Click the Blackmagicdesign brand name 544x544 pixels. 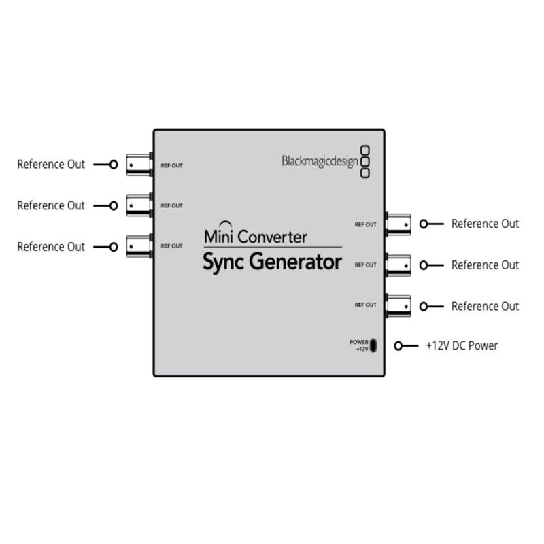coord(320,161)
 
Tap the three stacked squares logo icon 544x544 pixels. coord(364,161)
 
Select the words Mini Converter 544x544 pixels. coord(255,237)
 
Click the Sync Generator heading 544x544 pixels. coord(272,262)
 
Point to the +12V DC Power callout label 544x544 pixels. coord(462,345)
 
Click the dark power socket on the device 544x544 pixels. coord(373,345)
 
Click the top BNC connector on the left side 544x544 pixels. coord(139,164)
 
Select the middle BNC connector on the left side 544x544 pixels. coord(139,205)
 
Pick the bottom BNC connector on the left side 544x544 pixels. coord(139,245)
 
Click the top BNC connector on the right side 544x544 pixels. coord(398,223)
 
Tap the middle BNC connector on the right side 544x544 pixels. coord(398,264)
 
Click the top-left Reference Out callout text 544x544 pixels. coord(51,164)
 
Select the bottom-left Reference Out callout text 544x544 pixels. coord(51,246)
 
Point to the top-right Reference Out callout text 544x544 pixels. coord(485,224)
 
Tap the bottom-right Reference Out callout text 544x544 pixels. coord(485,306)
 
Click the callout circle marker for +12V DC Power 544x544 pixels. coord(407,345)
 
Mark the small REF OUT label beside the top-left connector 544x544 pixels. coord(171,165)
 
